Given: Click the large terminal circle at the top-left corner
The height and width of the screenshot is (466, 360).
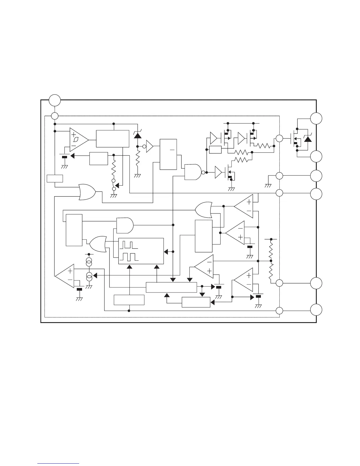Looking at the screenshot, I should [55, 100].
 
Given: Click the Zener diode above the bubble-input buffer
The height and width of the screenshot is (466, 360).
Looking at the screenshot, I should [137, 135].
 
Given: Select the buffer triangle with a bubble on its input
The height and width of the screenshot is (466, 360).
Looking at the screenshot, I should [149, 146].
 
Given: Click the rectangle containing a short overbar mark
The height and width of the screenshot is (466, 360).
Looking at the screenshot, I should [168, 154].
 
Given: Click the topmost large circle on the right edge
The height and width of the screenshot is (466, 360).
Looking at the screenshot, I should [316, 118].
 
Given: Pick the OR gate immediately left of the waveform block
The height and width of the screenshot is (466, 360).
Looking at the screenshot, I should [98, 244].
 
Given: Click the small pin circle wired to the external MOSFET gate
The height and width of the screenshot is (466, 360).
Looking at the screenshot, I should [279, 138].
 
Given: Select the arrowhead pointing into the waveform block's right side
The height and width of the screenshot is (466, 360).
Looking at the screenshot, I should [166, 252].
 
